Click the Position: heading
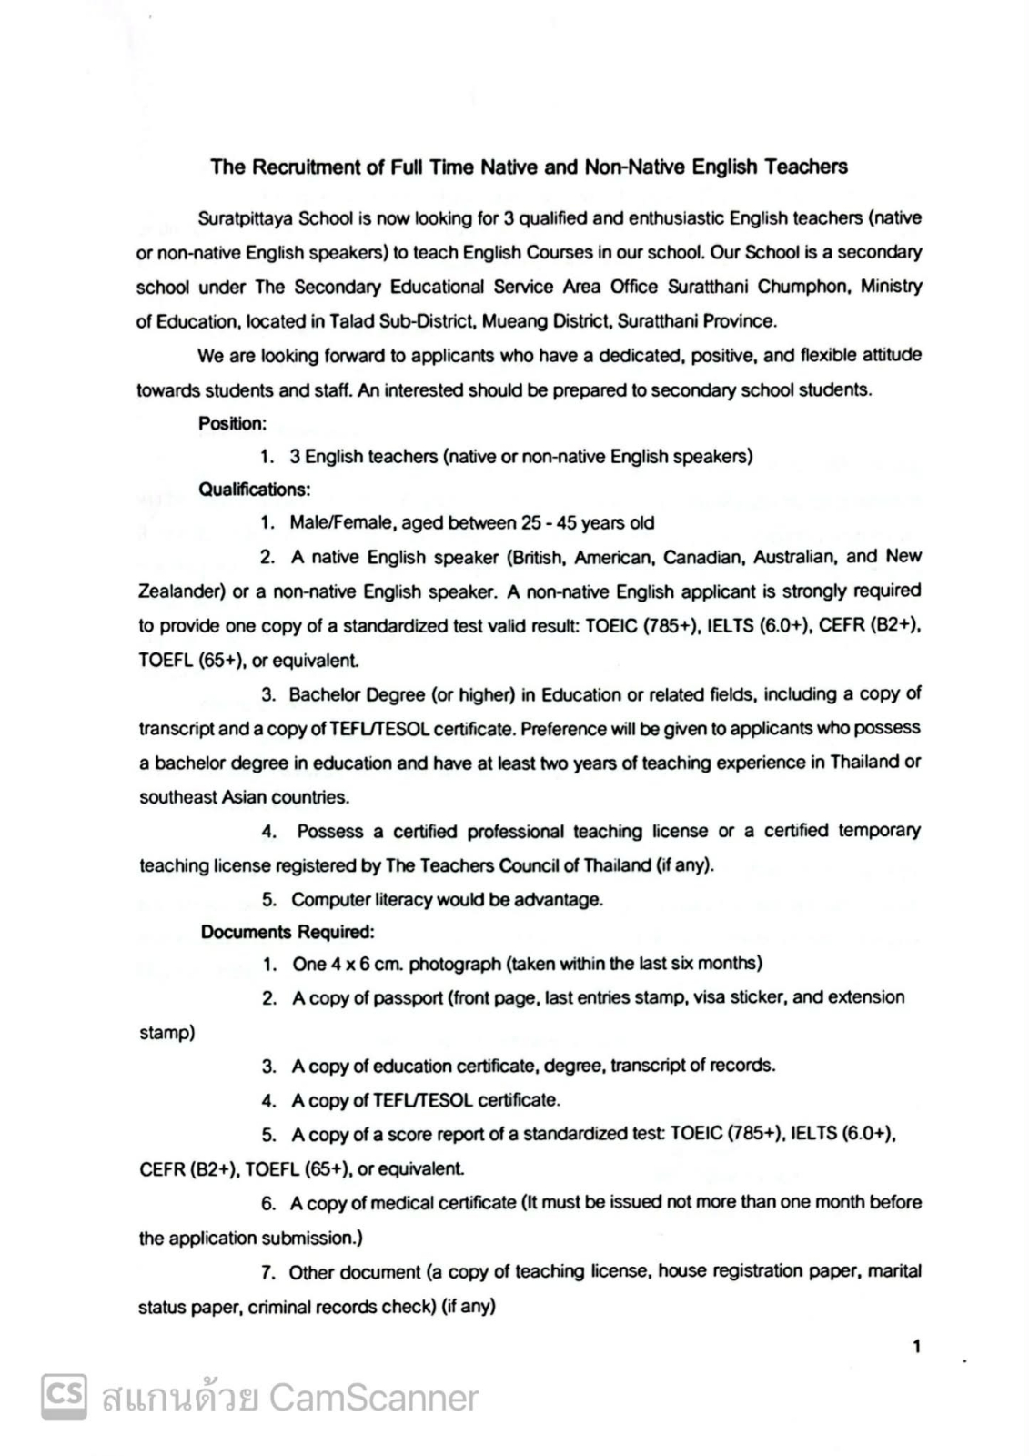click(x=232, y=423)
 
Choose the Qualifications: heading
click(x=254, y=490)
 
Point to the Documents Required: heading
click(x=287, y=933)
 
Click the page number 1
click(x=916, y=1346)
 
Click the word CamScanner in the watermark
click(x=373, y=1398)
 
